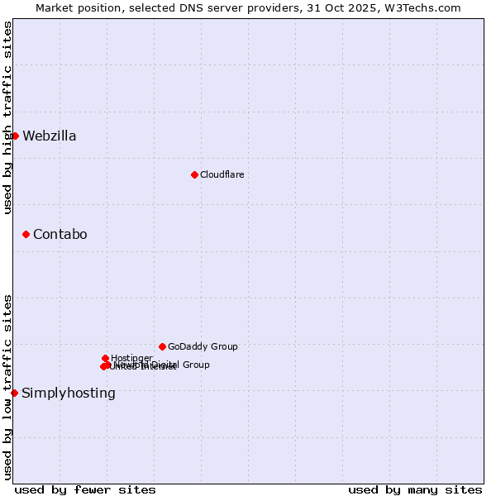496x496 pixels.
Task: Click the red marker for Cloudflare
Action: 194,174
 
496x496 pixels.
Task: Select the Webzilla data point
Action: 15,136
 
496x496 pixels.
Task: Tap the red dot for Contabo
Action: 26,235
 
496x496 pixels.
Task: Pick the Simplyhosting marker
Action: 14,393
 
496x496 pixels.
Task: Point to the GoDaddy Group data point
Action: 162,346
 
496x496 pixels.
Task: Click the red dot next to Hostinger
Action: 105,358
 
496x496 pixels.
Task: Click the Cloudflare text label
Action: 222,174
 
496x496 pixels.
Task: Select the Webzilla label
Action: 50,136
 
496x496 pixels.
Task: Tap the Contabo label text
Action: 60,235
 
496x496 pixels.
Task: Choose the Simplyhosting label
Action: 69,393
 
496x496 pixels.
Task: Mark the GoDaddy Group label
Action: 203,346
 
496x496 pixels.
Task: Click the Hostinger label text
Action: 131,358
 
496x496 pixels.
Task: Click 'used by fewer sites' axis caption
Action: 85,489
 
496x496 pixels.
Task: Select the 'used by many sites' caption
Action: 415,489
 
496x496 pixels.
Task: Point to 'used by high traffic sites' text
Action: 8,117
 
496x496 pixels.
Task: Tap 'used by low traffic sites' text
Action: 8,386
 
